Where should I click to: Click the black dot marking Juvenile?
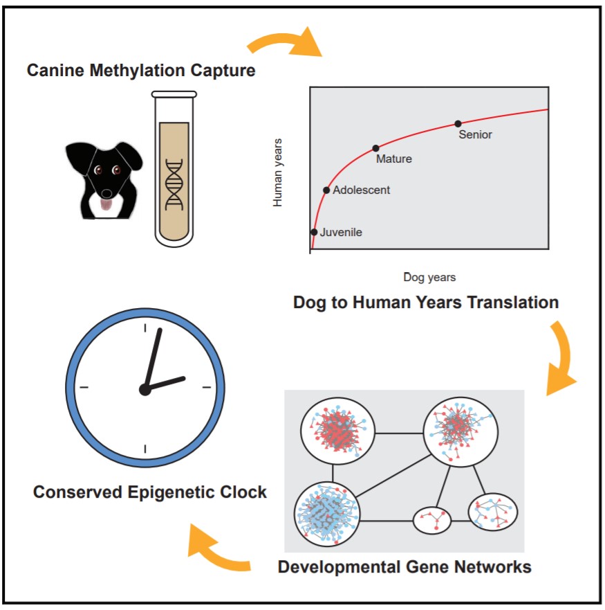[314, 232]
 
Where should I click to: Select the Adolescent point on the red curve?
[326, 190]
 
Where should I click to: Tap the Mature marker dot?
[375, 148]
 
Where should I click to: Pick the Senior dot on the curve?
[458, 124]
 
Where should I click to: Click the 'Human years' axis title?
[277, 172]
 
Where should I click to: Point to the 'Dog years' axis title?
[429, 277]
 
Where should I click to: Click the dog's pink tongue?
[106, 204]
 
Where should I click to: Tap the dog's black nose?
[106, 192]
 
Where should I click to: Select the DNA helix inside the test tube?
[174, 184]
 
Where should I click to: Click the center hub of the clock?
[145, 389]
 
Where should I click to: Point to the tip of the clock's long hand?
[160, 329]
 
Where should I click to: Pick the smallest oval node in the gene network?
[431, 520]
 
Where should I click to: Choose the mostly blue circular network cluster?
[327, 514]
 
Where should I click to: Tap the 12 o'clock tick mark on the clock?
[145, 328]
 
